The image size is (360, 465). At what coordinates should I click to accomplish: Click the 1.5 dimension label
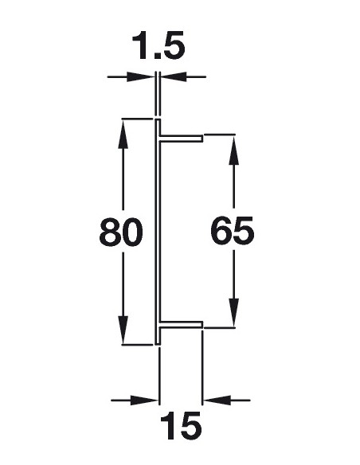point(158,46)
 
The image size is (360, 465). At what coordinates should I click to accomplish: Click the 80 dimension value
point(121,232)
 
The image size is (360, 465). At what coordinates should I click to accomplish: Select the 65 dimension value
point(233,230)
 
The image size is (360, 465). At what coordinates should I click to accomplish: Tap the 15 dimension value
point(181,425)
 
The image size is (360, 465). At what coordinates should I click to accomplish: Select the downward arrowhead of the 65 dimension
point(233,312)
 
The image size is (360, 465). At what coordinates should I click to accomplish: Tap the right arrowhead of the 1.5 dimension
point(174,76)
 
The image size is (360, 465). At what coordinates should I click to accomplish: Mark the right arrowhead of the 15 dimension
point(217,401)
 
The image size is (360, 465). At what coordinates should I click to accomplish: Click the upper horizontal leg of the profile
point(182,139)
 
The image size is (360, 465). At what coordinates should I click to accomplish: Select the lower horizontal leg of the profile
point(182,324)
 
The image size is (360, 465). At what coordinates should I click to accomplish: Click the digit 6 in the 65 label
point(221,230)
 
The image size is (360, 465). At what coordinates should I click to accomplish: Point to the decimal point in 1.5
point(157,56)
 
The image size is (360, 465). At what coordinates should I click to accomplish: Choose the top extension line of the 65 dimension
point(220,135)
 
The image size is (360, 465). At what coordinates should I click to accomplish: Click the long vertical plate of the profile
point(158,232)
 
